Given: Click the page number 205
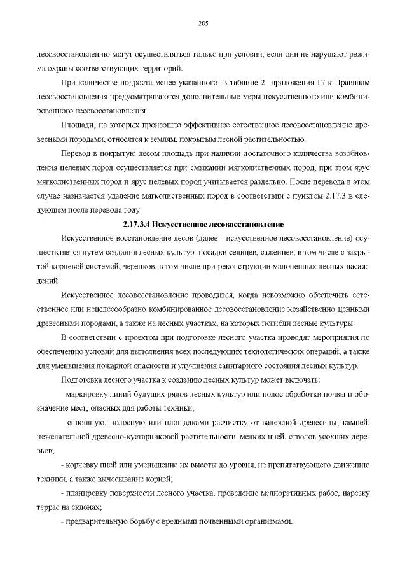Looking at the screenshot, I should (203, 24).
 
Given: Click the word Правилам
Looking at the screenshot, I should (352, 83).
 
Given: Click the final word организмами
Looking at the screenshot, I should (268, 521).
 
